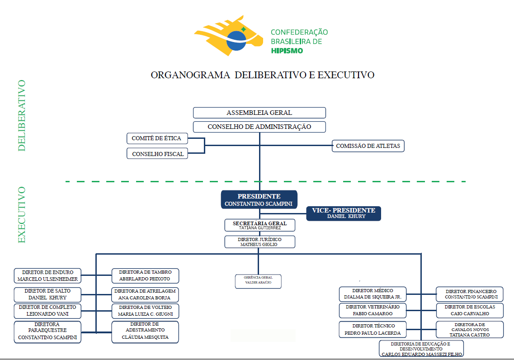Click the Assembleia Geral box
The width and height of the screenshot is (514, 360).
[x=259, y=113]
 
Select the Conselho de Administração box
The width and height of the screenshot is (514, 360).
[x=259, y=127]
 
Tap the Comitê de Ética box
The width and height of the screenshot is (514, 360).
[x=157, y=138]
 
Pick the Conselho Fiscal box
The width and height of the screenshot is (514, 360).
[x=157, y=154]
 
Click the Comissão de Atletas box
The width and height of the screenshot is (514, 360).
[x=368, y=146]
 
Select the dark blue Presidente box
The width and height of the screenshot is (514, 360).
[x=259, y=200]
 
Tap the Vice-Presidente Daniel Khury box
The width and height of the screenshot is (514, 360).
[x=344, y=213]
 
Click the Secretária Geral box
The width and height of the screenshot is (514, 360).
[x=259, y=225]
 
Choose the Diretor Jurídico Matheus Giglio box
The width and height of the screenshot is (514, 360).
[x=259, y=242]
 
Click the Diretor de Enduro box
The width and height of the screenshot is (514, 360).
[x=47, y=276]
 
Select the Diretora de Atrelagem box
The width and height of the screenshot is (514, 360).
[x=145, y=294]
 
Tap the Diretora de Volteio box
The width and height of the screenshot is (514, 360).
[x=145, y=311]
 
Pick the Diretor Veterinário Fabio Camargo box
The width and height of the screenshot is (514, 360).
[x=373, y=310]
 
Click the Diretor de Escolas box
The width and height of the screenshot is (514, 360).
[x=470, y=310]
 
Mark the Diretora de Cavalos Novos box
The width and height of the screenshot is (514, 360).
[x=470, y=329]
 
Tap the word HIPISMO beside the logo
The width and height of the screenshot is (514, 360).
[x=287, y=51]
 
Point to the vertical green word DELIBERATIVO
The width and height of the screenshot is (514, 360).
[x=22, y=115]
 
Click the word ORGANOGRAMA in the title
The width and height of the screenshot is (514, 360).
[x=190, y=75]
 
